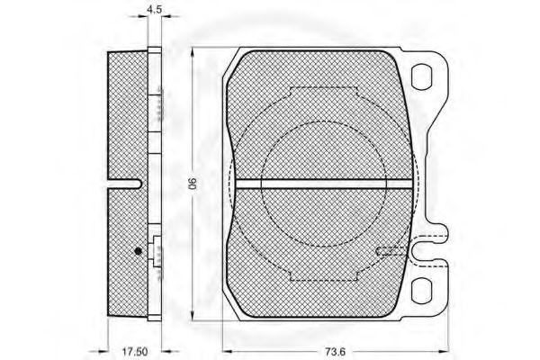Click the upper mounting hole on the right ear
point(423,77)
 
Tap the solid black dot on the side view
point(137,251)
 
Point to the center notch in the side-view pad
point(126,184)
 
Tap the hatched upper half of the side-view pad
point(126,117)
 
